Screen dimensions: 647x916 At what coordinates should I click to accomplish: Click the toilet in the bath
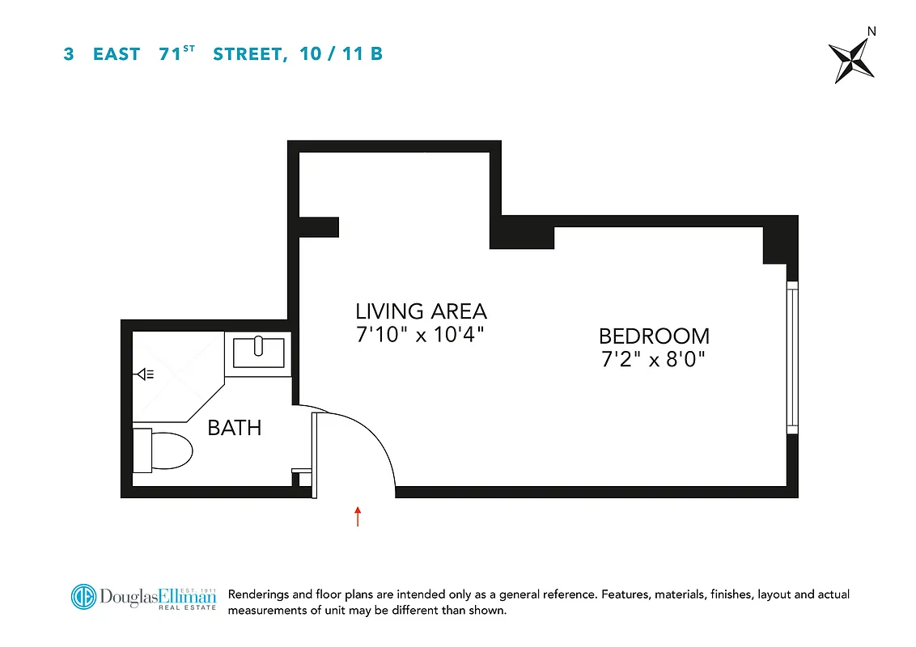click(166, 450)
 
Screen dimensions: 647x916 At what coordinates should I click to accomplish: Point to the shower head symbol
click(146, 374)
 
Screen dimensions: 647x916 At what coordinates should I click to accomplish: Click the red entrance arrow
click(357, 516)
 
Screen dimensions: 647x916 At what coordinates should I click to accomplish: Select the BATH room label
click(235, 427)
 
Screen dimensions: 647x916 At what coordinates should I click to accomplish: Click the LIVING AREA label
click(421, 311)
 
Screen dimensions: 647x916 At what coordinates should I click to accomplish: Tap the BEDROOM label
click(654, 336)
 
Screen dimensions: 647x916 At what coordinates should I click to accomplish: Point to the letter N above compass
click(871, 32)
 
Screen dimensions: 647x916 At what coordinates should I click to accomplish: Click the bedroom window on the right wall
click(792, 357)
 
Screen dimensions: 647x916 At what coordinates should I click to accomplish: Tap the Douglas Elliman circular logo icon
click(83, 597)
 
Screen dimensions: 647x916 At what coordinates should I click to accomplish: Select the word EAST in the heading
click(117, 55)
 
